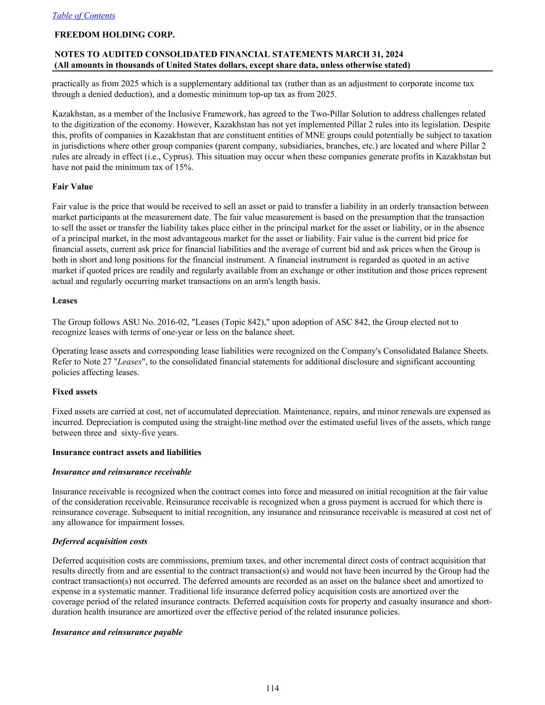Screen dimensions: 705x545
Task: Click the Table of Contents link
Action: point(84,15)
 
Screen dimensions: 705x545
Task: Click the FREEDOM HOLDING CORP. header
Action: point(115,35)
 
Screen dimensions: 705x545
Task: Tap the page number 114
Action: point(272,688)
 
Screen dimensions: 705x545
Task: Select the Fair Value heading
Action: point(72,186)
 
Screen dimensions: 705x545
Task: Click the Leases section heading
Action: point(65,301)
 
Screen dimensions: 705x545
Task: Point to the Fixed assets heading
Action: point(74,391)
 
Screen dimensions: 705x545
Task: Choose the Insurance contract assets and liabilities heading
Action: point(127,452)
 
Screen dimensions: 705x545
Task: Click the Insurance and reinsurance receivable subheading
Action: point(121,472)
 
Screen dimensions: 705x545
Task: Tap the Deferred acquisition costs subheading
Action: point(100,541)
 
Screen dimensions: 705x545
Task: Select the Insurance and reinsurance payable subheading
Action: point(117,632)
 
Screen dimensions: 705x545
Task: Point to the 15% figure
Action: point(184,167)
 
